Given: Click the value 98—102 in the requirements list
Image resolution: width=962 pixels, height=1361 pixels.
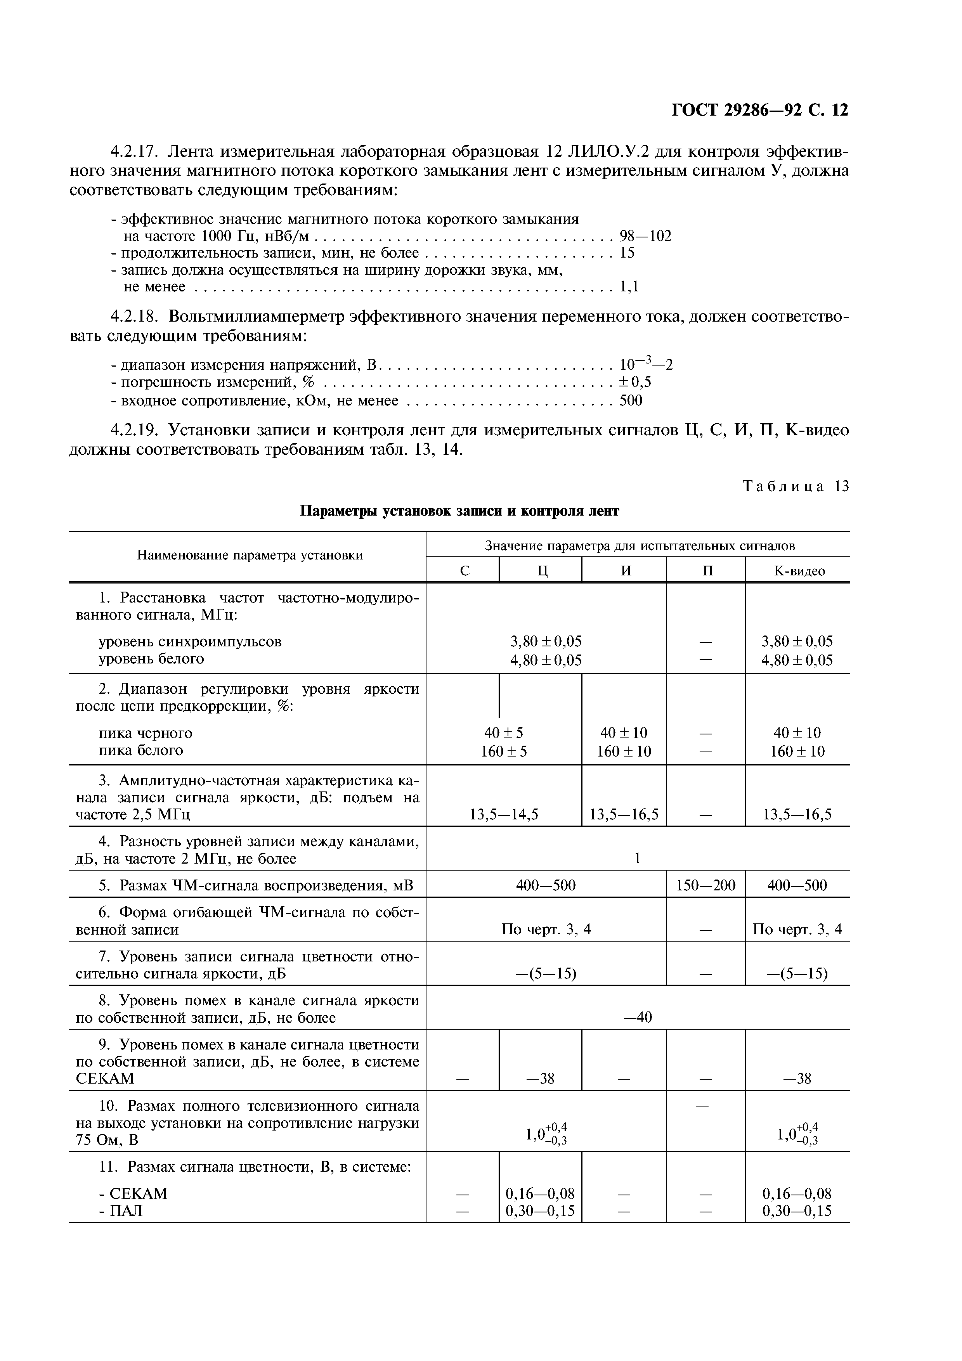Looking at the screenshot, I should click(x=645, y=237).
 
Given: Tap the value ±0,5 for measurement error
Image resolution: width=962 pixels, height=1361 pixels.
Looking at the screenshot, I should click(x=635, y=382).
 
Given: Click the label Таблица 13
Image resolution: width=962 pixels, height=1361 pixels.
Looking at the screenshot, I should click(x=796, y=487).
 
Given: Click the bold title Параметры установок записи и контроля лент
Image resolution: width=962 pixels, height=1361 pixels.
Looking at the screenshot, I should click(x=459, y=511).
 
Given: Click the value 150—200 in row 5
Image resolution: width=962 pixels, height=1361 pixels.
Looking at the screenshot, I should click(x=705, y=886).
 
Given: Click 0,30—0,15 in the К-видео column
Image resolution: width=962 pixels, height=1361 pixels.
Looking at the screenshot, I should click(x=797, y=1210).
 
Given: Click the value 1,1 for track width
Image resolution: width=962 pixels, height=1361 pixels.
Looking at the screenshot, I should click(x=629, y=287).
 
